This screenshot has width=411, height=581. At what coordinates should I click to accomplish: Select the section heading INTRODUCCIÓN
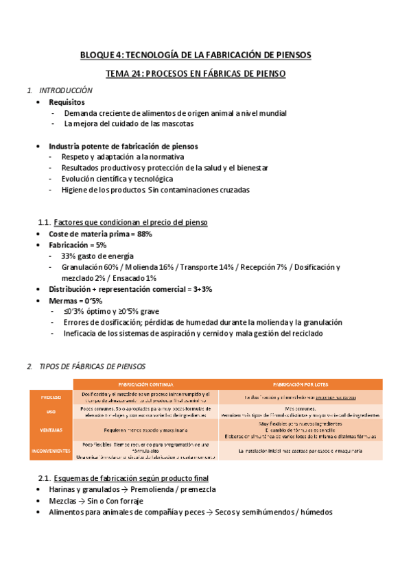(65, 90)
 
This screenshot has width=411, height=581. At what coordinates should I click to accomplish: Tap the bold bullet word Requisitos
(67, 102)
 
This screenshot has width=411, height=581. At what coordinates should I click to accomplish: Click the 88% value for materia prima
(143, 234)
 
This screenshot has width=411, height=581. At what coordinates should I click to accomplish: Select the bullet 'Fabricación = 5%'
(77, 245)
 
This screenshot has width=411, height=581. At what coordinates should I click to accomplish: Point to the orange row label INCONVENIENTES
(51, 450)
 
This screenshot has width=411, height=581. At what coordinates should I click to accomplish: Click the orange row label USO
(51, 412)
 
